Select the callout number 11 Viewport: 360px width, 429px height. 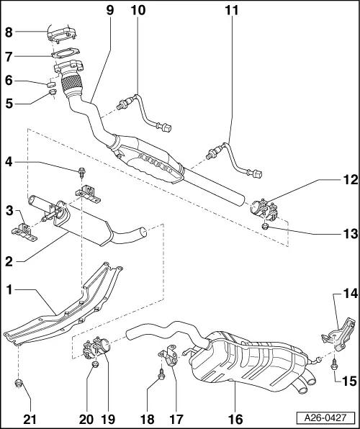[230, 12]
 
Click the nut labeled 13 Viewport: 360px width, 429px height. [266, 227]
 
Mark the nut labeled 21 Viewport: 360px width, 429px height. [18, 383]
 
